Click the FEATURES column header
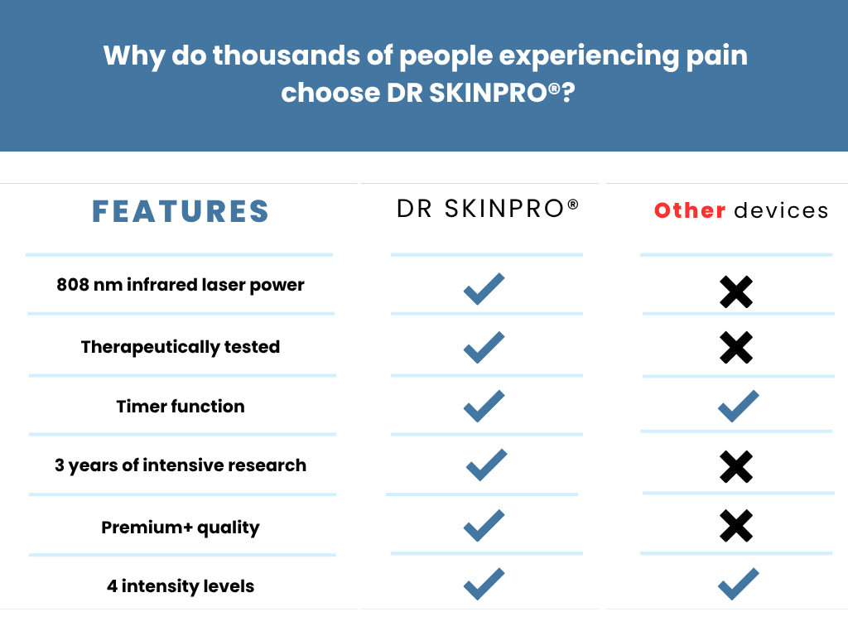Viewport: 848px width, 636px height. (180, 211)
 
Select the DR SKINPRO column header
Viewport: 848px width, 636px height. (487, 208)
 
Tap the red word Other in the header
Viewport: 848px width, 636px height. (690, 210)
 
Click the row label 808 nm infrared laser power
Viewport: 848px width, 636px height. (180, 285)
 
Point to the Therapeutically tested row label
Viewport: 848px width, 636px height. (180, 347)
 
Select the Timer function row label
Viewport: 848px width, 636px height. (180, 406)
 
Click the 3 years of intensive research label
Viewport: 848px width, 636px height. (180, 465)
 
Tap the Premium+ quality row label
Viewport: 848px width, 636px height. (180, 528)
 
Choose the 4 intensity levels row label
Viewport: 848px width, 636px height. (180, 586)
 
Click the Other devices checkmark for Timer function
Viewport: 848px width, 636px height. (738, 406)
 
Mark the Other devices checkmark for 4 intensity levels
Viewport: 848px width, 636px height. (738, 584)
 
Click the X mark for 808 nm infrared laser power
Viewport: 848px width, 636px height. (736, 292)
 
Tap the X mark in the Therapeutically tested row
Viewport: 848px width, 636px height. (736, 347)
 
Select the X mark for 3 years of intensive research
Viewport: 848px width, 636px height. (736, 466)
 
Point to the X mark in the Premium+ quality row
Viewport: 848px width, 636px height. (736, 526)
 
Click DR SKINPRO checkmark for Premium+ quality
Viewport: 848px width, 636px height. (484, 525)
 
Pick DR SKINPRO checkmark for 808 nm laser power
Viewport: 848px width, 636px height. (484, 289)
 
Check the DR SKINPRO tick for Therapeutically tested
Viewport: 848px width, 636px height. (484, 347)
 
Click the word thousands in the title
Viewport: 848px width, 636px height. (286, 55)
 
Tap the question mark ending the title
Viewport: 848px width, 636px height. (568, 93)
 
